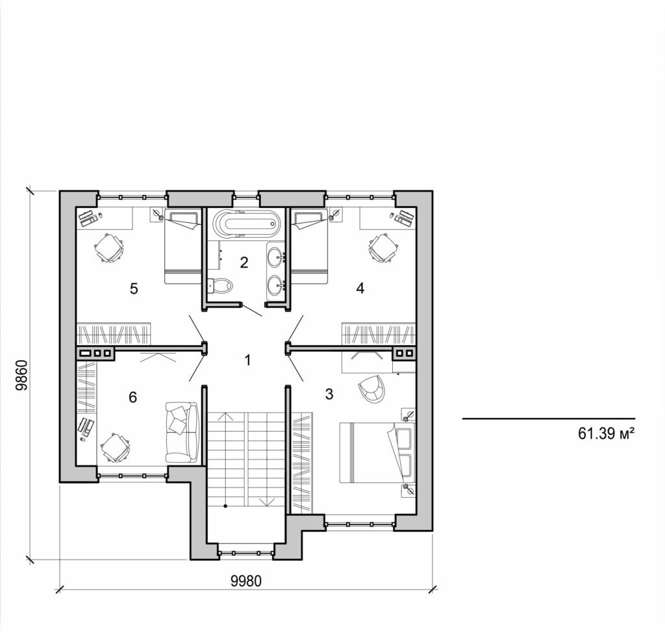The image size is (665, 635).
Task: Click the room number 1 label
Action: (247, 359)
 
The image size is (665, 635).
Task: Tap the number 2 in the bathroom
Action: (244, 263)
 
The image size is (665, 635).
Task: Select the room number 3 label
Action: (329, 393)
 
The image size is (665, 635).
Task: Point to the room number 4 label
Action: (360, 288)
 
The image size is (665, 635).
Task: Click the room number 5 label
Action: (134, 288)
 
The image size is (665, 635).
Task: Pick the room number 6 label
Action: (133, 396)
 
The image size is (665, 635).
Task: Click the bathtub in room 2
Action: (247, 224)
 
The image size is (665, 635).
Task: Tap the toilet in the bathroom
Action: (220, 285)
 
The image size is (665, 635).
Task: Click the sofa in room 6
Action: (182, 432)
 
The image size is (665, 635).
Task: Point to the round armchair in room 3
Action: (371, 388)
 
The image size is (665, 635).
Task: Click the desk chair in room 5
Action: (110, 248)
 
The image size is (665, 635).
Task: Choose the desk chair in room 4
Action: (383, 248)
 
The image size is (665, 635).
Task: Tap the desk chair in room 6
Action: (115, 447)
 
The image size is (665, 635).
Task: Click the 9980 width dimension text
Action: (246, 580)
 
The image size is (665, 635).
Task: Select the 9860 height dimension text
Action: (21, 375)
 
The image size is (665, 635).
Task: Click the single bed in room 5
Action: (182, 246)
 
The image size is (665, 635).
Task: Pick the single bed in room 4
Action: (310, 246)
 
